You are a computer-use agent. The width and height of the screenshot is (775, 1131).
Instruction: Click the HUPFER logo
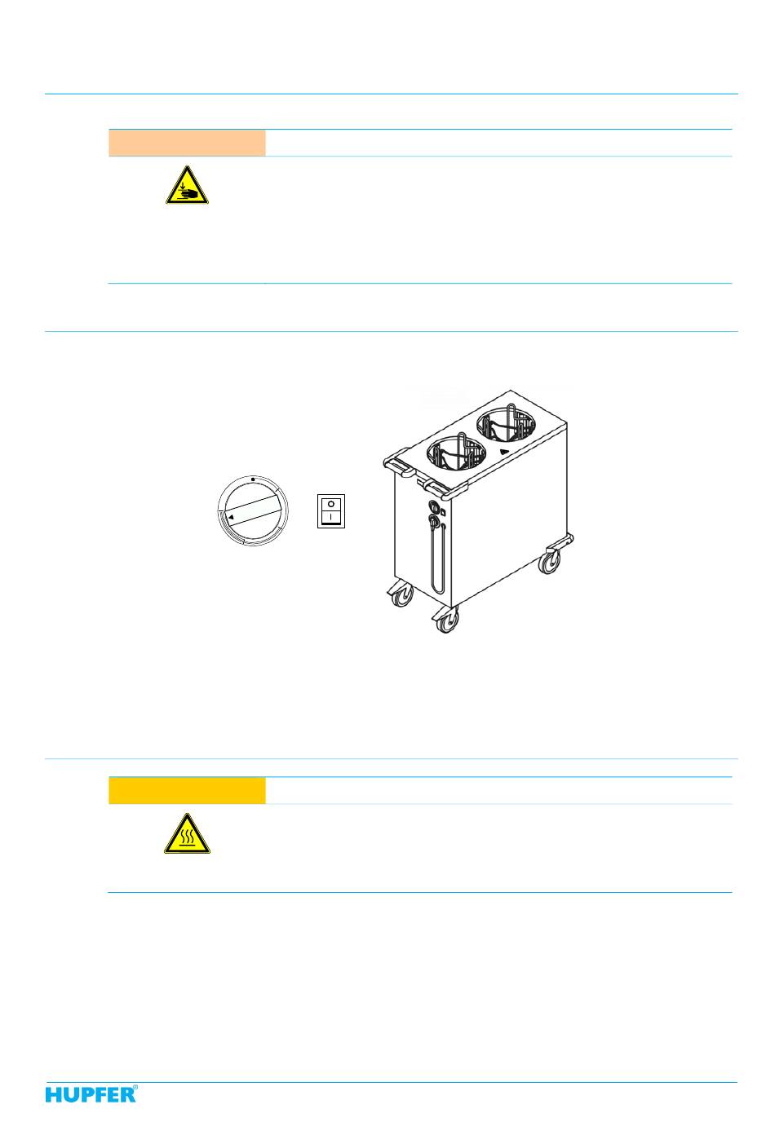(91, 1094)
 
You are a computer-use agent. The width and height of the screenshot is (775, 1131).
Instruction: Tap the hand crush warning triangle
(187, 186)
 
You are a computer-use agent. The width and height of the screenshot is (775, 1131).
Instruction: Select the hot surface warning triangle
(187, 833)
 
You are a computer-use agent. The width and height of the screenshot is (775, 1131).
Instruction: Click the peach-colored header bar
(187, 143)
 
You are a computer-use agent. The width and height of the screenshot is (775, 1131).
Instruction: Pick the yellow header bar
(187, 790)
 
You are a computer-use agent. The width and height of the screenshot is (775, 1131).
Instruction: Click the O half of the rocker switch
(331, 504)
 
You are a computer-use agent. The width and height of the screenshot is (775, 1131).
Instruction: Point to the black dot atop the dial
(253, 479)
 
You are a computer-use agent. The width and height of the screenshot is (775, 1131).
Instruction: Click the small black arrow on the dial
(230, 518)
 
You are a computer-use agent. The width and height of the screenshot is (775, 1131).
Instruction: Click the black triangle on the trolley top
(504, 452)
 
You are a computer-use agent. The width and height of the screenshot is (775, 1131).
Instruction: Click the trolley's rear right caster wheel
(549, 562)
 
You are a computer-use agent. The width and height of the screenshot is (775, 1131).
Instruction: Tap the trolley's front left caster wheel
(401, 595)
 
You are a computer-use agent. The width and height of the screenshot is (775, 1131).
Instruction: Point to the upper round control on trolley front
(433, 506)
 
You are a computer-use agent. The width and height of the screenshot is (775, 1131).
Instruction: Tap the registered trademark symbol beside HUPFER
(135, 1088)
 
